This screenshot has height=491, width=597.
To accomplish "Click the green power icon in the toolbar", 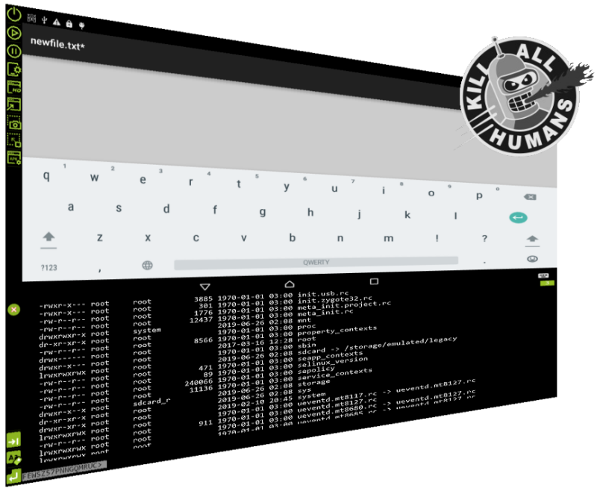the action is (x=13, y=13).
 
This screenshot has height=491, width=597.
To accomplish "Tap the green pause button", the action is (x=13, y=51).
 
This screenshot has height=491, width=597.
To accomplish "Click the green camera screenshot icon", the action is (x=13, y=124).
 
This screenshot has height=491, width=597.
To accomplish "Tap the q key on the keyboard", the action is (x=46, y=177).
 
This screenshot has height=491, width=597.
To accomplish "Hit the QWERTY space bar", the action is (x=316, y=262).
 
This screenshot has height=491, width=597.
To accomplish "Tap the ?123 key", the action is (x=49, y=266).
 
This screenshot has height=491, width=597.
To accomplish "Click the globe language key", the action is (x=148, y=265).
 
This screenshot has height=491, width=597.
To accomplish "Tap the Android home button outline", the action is (x=290, y=284).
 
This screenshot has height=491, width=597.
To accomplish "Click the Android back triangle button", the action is (x=206, y=287).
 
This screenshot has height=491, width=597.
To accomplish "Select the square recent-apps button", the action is (x=374, y=281).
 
